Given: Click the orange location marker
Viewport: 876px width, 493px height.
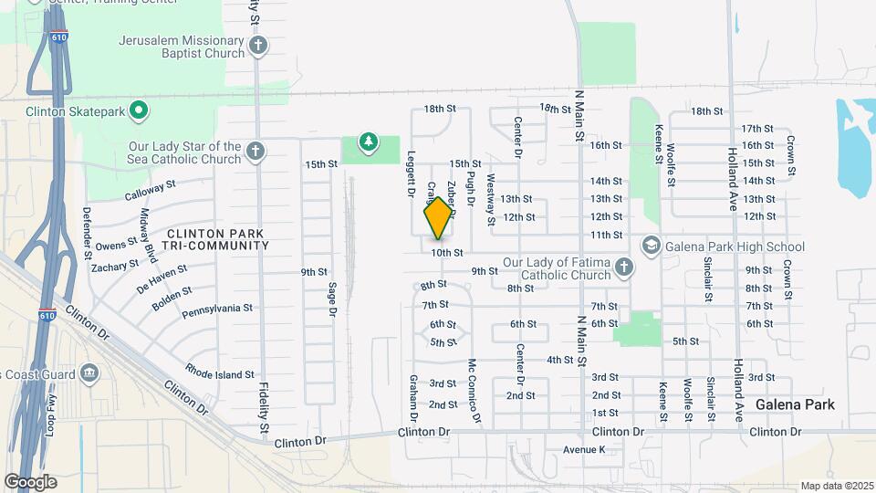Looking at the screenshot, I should point(438,218).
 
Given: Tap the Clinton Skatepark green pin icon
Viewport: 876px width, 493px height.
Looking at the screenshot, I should point(139,111).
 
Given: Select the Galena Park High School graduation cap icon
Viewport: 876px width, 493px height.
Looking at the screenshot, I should point(651,246).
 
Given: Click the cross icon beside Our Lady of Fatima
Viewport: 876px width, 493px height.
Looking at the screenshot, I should point(623,267).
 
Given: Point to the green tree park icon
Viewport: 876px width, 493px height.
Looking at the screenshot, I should point(368,142).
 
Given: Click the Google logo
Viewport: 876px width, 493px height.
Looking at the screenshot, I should point(30,482).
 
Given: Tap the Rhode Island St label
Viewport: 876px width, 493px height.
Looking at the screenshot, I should point(219,374).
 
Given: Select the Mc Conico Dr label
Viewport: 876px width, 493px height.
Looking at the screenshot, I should point(474,390).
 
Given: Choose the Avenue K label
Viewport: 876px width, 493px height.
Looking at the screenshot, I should point(584,449).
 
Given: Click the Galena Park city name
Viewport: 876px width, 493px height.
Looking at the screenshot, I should point(795,404).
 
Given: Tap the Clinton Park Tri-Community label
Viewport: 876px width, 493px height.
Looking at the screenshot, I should point(215,238).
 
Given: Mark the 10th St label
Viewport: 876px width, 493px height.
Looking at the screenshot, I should point(448,252).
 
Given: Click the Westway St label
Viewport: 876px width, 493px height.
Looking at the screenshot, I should point(491,199).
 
